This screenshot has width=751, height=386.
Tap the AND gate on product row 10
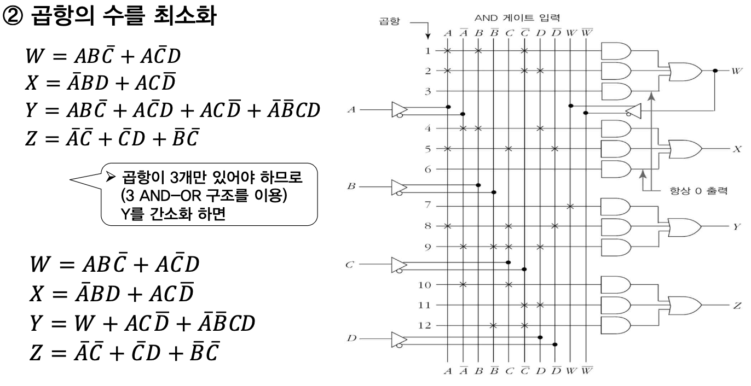point(615,284)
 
